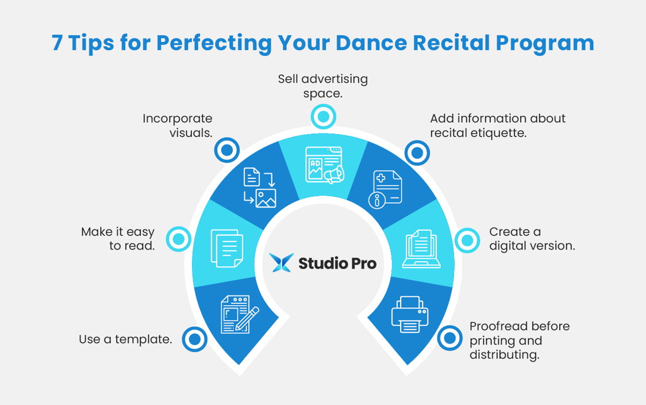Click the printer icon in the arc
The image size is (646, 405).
pyautogui.click(x=410, y=314)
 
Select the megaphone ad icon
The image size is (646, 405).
pyautogui.click(x=324, y=165)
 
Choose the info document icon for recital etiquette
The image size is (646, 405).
pyautogui.click(x=385, y=189)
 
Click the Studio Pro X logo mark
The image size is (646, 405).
pyautogui.click(x=282, y=263)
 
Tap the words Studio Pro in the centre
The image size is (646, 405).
pyautogui.click(x=337, y=263)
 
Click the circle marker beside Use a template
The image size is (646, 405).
pyautogui.click(x=194, y=339)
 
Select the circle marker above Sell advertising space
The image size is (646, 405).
pyautogui.click(x=323, y=117)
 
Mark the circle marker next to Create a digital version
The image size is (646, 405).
pyautogui.click(x=467, y=240)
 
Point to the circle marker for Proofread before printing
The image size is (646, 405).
pyautogui.click(x=449, y=338)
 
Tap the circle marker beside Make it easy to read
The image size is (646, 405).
pyautogui.click(x=178, y=238)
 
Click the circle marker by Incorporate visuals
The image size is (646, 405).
pyautogui.click(x=226, y=151)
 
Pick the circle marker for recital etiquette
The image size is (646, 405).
pyautogui.click(x=417, y=153)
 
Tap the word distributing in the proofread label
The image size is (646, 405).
pyautogui.click(x=503, y=355)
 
